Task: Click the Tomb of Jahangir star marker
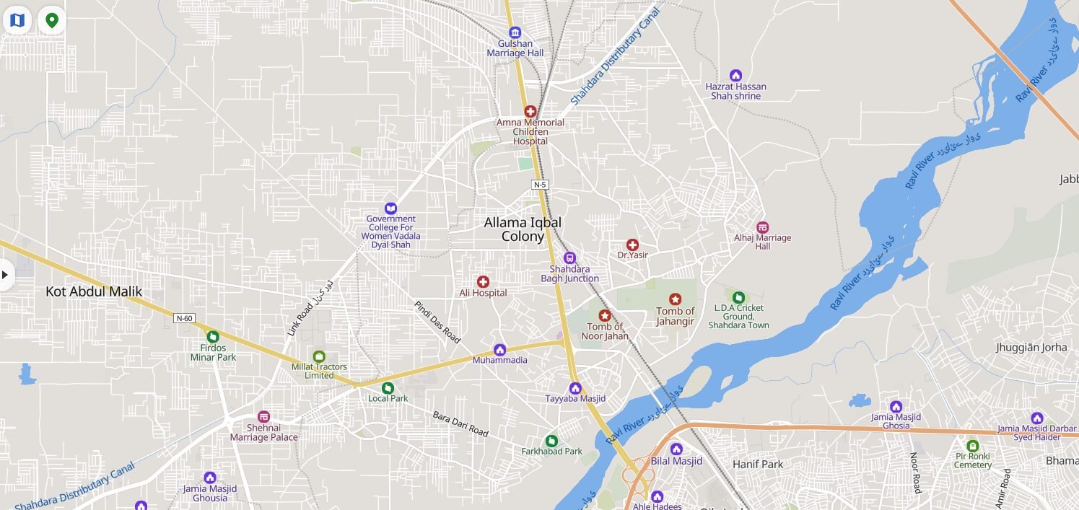point(675,299)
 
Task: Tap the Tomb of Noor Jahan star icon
point(605,315)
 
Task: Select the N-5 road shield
point(541,185)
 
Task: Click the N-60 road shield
point(185,318)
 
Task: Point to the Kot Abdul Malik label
point(94,291)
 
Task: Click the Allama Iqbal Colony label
point(523,229)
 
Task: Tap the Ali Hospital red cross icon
point(483,281)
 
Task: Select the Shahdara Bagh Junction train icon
point(569,258)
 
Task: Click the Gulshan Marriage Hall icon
point(515,32)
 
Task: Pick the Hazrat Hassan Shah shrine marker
point(735,75)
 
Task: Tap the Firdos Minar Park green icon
point(213,336)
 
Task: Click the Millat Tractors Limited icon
point(319,356)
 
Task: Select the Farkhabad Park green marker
point(551,440)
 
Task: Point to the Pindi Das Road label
point(437,322)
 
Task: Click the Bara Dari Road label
point(460,423)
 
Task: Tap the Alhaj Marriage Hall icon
point(762,227)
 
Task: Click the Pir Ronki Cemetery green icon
point(972,446)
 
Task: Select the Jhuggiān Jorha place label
point(1031,347)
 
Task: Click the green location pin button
point(52,20)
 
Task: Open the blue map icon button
point(17,20)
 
